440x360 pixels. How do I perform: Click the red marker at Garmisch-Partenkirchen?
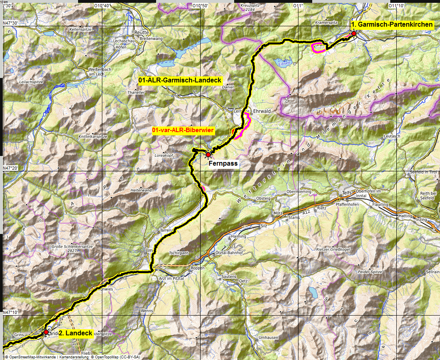click(x=354, y=34)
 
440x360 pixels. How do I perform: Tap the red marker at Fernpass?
click(x=208, y=154)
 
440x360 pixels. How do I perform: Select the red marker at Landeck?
click(x=46, y=332)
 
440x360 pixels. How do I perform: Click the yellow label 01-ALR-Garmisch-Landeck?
click(x=180, y=80)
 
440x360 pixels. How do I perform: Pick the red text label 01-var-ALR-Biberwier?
click(x=183, y=130)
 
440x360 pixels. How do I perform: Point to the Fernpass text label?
click(x=223, y=164)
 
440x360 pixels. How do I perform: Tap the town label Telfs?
click(x=347, y=193)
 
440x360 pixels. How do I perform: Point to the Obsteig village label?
click(x=263, y=199)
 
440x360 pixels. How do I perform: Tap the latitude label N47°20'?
click(x=12, y=168)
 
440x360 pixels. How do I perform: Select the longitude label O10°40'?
click(x=101, y=6)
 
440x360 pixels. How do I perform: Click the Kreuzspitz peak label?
click(x=249, y=6)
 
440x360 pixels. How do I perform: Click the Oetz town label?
click(x=243, y=280)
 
